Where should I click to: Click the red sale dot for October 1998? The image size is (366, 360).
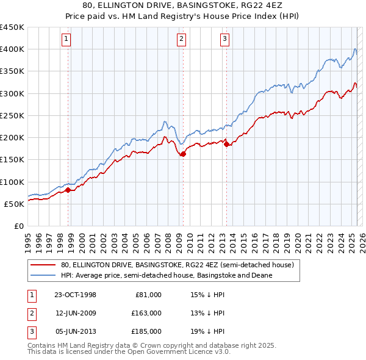(x=68, y=190)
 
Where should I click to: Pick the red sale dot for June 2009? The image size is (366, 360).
(x=183, y=154)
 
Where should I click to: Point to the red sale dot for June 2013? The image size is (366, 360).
(x=226, y=145)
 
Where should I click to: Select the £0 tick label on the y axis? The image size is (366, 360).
(x=18, y=226)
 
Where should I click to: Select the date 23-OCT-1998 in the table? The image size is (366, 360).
(x=75, y=295)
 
